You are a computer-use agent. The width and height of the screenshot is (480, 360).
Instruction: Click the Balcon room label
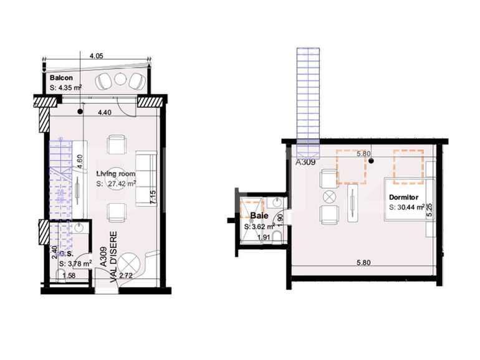click(x=62, y=78)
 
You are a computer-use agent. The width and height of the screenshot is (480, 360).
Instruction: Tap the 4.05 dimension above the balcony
click(x=96, y=56)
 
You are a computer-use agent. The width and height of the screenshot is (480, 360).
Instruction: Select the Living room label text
click(x=115, y=174)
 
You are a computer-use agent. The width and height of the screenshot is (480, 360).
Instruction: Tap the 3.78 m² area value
click(x=77, y=264)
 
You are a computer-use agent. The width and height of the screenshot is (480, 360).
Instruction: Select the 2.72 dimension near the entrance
click(x=125, y=275)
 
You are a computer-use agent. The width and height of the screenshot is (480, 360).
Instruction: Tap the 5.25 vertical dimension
click(x=430, y=211)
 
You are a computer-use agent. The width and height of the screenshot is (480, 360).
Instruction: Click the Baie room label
click(x=259, y=216)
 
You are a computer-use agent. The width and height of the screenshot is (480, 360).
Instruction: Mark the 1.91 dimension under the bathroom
click(x=262, y=237)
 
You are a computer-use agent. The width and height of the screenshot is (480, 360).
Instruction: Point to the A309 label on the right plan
click(x=305, y=162)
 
